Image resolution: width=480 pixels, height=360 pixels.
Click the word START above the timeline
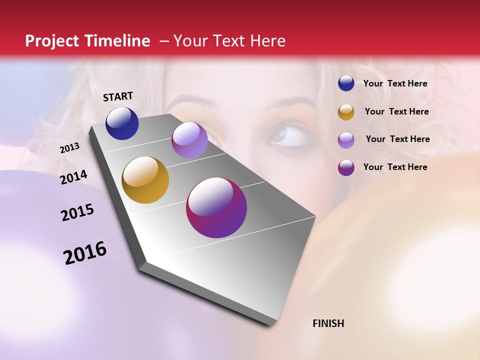[x=118, y=96]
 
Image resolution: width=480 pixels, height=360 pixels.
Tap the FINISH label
[x=328, y=323]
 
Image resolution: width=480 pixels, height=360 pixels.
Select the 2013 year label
[x=70, y=147]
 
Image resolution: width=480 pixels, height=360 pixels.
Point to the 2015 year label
[x=77, y=212]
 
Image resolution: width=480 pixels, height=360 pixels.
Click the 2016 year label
[x=85, y=252]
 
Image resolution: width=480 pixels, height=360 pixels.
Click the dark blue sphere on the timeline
[x=122, y=123]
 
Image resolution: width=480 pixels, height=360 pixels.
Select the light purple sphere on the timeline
[x=189, y=140]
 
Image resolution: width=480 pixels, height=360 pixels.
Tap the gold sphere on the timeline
[x=145, y=180]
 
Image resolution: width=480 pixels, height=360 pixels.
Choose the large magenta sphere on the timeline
[x=216, y=207]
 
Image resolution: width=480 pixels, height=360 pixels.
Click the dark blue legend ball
[x=346, y=83]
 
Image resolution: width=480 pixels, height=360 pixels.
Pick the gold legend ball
[x=346, y=112]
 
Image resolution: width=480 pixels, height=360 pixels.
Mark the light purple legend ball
[x=346, y=139]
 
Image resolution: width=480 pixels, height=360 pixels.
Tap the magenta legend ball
[x=346, y=167]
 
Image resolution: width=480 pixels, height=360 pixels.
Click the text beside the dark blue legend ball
[x=395, y=84]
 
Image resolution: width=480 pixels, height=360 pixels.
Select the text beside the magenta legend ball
[x=395, y=167]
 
